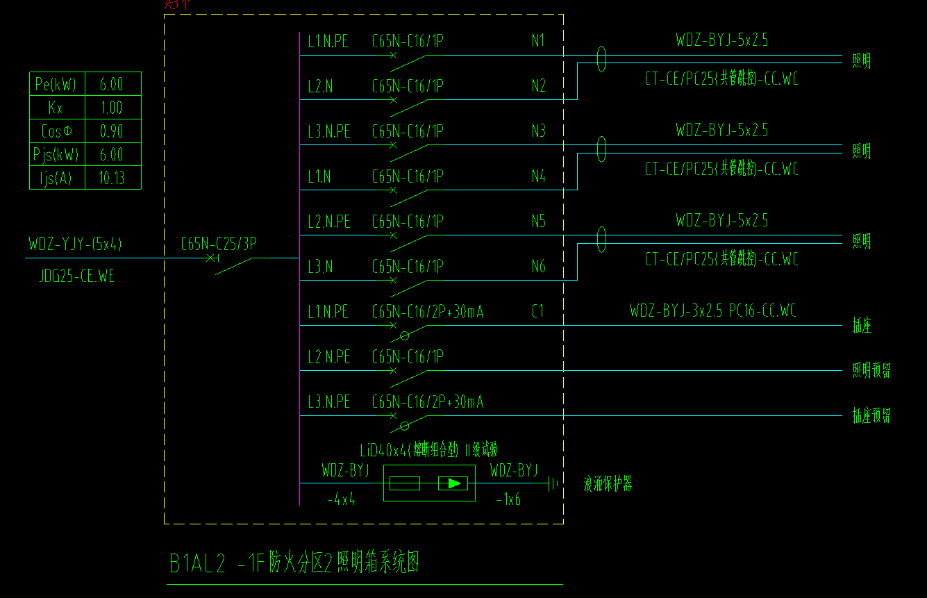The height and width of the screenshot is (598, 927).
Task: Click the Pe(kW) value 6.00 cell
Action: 112,85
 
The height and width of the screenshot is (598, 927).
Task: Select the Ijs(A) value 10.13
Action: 112,178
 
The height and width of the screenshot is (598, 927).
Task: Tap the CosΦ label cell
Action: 56,131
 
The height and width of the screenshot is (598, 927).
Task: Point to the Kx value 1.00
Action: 112,108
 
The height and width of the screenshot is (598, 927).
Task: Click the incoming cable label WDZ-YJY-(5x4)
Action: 76,244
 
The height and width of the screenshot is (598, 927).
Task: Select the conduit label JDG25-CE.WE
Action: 77,276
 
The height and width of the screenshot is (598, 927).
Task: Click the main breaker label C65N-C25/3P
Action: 218,244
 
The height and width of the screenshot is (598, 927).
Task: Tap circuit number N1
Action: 538,41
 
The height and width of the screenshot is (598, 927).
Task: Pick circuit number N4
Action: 538,176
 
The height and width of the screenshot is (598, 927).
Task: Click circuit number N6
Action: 538,267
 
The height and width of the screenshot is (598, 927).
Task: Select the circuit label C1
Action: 538,312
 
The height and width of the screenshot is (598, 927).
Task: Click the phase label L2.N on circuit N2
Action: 320,86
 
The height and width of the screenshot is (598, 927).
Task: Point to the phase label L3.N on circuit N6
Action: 320,267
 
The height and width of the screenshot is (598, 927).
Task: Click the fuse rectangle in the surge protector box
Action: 405,483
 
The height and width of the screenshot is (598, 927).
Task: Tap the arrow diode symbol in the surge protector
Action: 453,483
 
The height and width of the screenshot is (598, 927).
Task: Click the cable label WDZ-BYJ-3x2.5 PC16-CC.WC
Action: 712,311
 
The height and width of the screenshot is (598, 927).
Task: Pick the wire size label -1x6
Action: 509,499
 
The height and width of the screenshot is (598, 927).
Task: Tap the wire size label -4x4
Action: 341,499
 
